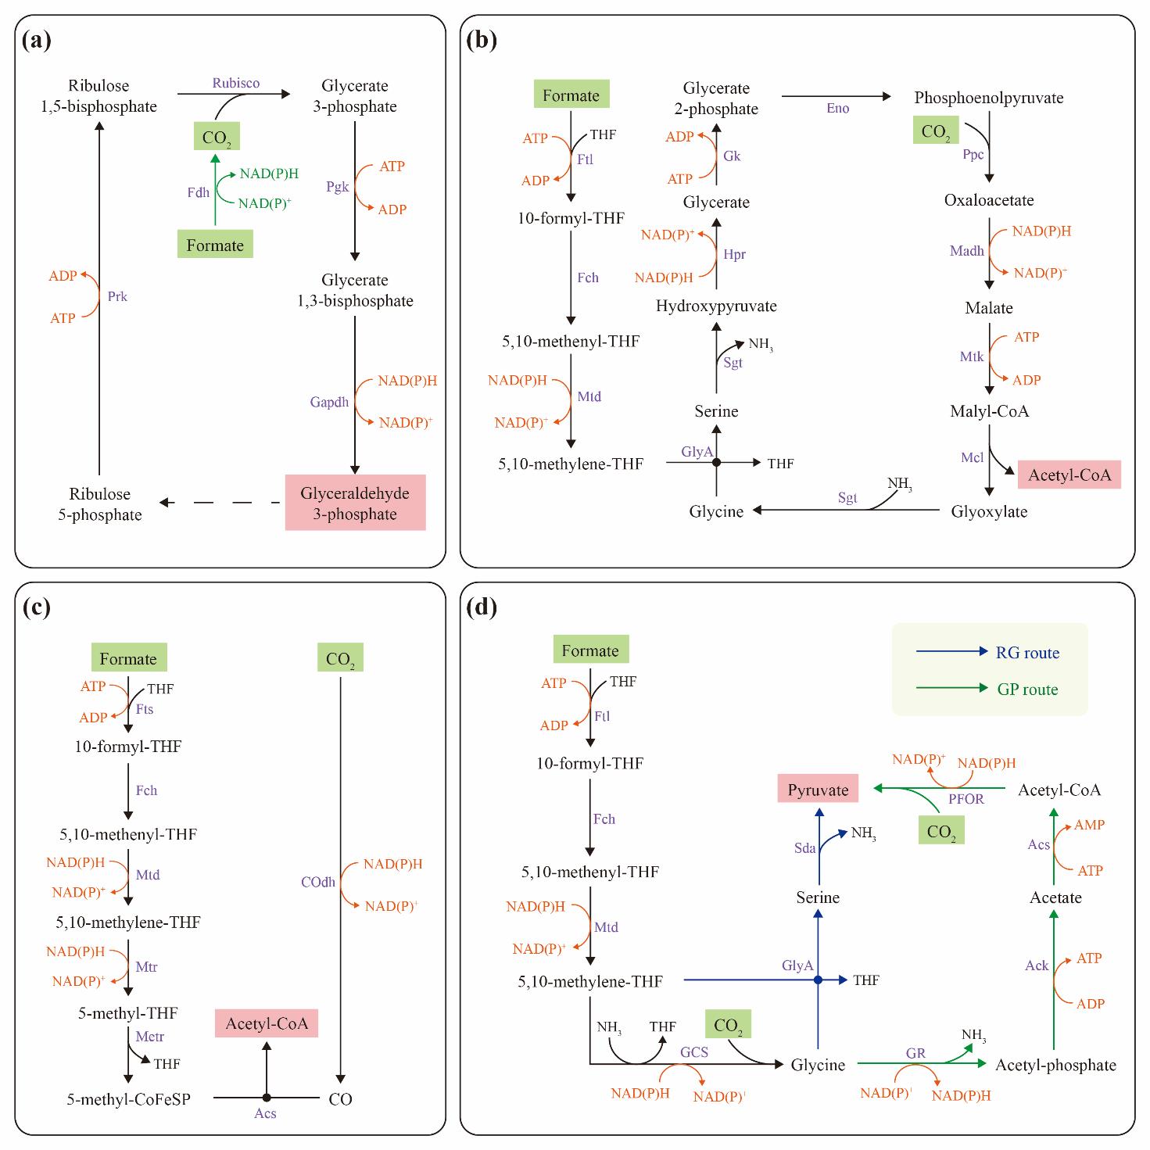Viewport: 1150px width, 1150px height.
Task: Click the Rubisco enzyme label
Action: coord(236,83)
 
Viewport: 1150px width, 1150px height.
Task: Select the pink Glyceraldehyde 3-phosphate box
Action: coord(355,503)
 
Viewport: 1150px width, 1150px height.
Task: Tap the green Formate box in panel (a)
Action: coord(215,245)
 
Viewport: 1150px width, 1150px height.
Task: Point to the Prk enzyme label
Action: coord(117,296)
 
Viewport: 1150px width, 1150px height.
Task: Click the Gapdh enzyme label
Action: coord(329,402)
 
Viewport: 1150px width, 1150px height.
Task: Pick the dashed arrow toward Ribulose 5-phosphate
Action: coord(219,503)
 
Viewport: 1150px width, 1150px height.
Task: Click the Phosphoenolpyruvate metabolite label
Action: coord(988,98)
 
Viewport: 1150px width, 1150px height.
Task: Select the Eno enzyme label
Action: coord(837,108)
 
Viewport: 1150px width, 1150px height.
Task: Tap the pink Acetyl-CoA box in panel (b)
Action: coord(1069,475)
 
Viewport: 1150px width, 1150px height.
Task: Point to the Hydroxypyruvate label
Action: coord(716,306)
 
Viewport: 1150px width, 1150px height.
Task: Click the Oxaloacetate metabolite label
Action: coord(988,200)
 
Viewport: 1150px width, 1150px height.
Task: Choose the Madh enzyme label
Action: coord(966,251)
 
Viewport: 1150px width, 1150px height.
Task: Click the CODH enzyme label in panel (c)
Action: coord(318,882)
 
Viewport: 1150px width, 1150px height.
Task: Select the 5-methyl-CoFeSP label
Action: coord(128,1098)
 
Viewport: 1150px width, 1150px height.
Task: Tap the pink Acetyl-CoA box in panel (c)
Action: coord(267,1023)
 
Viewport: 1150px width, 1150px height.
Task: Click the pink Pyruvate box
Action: coord(818,790)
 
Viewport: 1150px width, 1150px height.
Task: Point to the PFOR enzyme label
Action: coord(966,798)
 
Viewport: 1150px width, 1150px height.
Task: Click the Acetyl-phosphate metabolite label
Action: coord(1055,1065)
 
